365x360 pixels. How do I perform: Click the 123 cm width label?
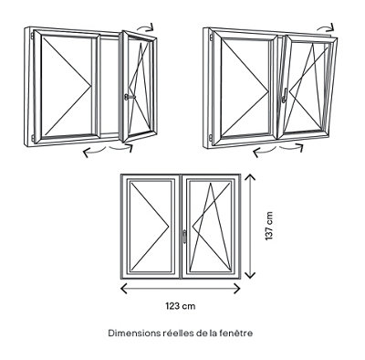pyautogui.click(x=181, y=306)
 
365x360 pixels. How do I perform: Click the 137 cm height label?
pyautogui.click(x=269, y=226)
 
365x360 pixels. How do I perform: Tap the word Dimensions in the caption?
pyautogui.click(x=134, y=334)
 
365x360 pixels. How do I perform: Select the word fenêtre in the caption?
pyautogui.click(x=236, y=334)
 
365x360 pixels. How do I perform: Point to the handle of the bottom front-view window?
pyautogui.click(x=184, y=237)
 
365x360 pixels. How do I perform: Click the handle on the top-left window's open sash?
pyautogui.click(x=129, y=97)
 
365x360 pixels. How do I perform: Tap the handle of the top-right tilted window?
pyautogui.click(x=284, y=95)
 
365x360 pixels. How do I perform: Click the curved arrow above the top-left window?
pyautogui.click(x=145, y=27)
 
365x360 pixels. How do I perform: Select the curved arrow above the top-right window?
pyautogui.click(x=326, y=27)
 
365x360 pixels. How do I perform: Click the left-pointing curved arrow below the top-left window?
pyautogui.click(x=94, y=151)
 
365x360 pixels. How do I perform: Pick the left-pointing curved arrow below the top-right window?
pyautogui.click(x=264, y=151)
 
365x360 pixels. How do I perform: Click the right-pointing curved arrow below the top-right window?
pyautogui.click(x=291, y=147)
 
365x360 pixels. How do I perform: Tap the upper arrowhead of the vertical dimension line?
pyautogui.click(x=250, y=177)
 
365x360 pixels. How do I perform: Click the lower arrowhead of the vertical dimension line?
pyautogui.click(x=250, y=274)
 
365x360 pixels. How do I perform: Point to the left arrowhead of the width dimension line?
pyautogui.click(x=125, y=288)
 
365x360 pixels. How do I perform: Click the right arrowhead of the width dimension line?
pyautogui.click(x=236, y=288)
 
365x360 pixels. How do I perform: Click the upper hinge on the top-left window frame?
pyautogui.click(x=32, y=36)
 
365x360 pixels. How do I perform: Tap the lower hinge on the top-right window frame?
pyautogui.click(x=211, y=138)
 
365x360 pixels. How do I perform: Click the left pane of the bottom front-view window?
pyautogui.click(x=151, y=227)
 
